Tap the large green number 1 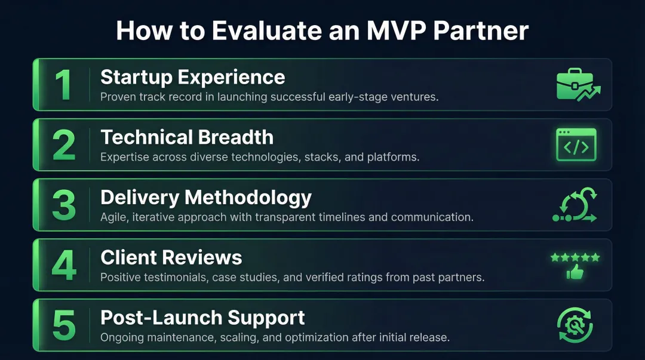pos(63,85)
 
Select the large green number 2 pos(63,145)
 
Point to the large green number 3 pos(63,205)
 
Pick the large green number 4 pos(63,266)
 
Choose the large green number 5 pos(63,326)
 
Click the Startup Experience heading pos(192,77)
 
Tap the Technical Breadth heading pos(186,137)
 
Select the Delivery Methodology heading pos(205,198)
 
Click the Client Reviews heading pos(171,258)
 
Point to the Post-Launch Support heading pos(202,318)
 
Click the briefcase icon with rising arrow pos(576,85)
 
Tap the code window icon pos(576,146)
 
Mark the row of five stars pos(575,257)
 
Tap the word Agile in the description pos(113,217)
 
